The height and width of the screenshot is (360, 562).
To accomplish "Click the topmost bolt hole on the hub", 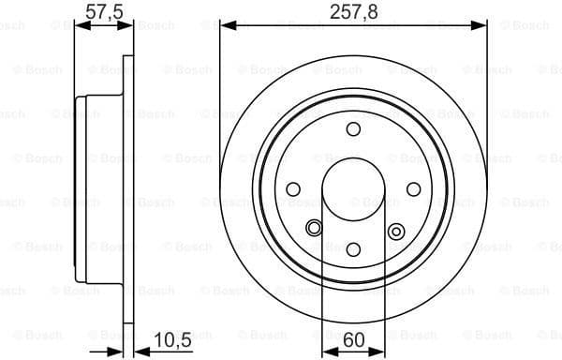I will (353, 129).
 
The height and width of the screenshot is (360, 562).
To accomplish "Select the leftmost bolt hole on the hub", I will (293, 189).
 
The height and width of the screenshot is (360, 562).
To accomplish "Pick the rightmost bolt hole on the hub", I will (413, 189).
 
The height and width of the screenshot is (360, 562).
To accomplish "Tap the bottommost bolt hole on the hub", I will (353, 249).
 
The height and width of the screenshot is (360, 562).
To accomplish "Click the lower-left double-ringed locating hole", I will (314, 227).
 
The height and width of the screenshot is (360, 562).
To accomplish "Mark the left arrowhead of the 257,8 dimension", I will (225, 26).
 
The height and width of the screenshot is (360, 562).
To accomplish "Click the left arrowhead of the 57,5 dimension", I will (79, 26).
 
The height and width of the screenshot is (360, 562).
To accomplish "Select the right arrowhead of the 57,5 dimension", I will (129, 26).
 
